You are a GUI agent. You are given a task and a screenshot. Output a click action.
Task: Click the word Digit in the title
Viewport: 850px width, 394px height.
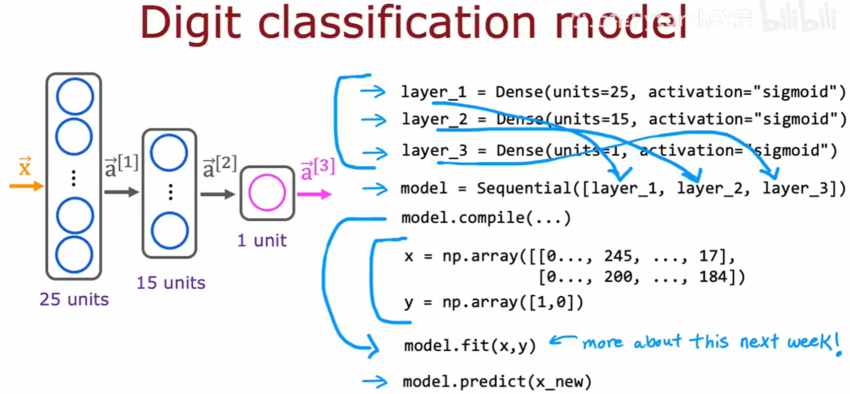pos(191,24)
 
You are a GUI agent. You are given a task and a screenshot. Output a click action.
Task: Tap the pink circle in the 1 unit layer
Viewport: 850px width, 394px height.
pos(267,192)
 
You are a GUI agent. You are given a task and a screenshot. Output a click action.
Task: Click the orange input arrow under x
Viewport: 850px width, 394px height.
pos(26,186)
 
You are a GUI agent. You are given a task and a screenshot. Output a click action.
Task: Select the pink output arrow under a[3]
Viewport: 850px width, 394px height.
pos(314,194)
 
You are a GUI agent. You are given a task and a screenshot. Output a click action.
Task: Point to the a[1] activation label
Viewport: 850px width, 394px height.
pos(121,166)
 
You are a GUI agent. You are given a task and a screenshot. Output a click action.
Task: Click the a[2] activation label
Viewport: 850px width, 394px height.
pos(219,167)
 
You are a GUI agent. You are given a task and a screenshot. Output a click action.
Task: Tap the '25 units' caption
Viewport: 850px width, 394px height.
pos(74,299)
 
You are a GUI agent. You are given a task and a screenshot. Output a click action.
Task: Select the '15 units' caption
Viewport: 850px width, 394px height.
pos(171,283)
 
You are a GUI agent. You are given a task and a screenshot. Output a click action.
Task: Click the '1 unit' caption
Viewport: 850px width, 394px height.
pos(262,240)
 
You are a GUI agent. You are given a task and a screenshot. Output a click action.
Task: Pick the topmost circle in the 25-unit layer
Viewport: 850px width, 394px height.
pos(74,96)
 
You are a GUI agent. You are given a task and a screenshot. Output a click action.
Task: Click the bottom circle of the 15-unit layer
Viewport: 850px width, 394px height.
pos(170,230)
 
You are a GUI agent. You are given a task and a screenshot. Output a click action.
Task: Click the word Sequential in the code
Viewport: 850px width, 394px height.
pos(524,188)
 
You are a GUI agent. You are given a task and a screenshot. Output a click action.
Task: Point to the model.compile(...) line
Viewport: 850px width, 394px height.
pos(486,218)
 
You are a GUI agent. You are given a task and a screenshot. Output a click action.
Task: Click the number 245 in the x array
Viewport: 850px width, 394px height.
pos(621,256)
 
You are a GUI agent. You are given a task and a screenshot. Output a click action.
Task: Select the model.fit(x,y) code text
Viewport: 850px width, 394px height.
pos(470,346)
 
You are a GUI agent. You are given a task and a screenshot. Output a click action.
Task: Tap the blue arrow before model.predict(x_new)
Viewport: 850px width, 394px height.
pos(375,381)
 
